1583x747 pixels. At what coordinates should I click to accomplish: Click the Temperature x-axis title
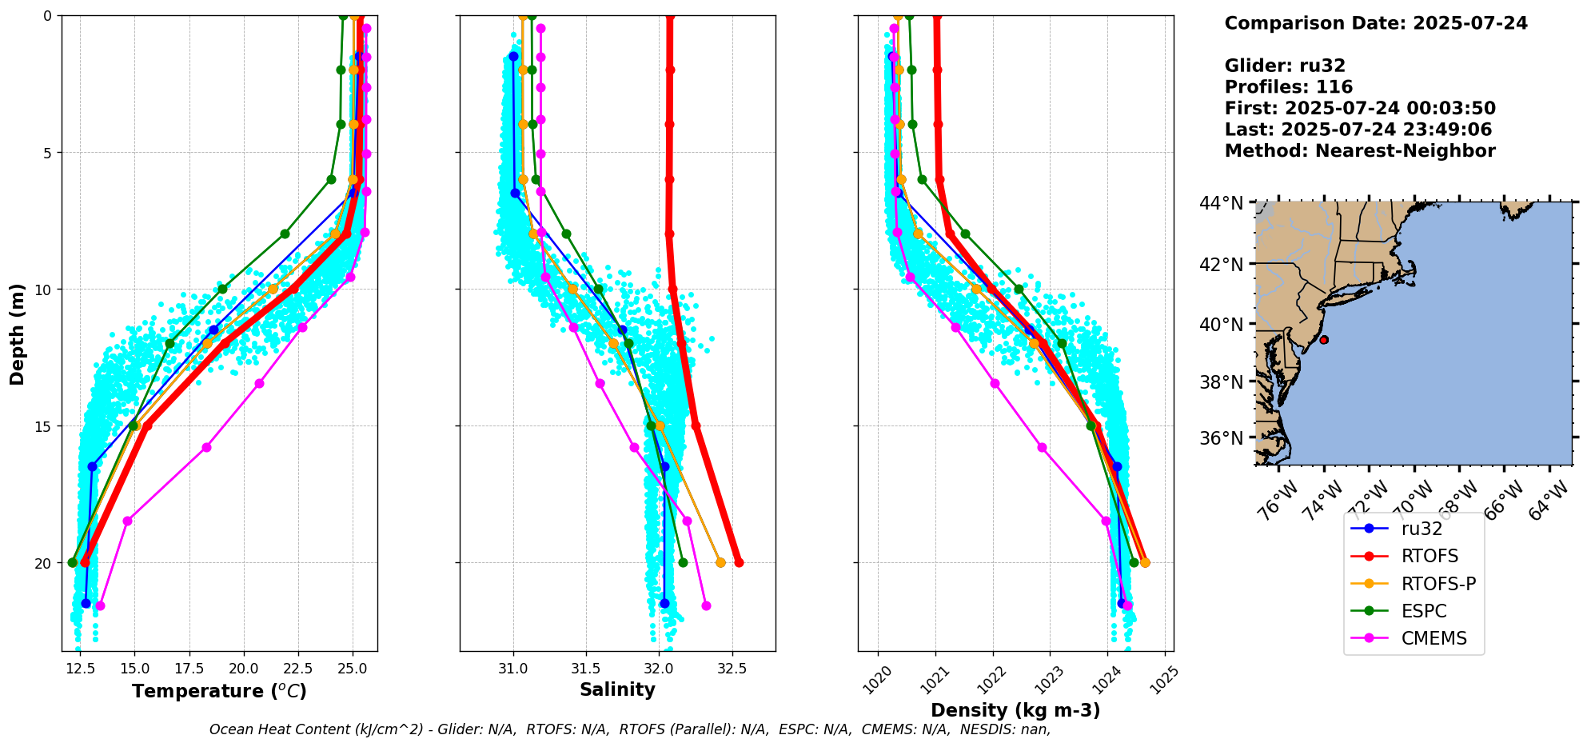click(219, 691)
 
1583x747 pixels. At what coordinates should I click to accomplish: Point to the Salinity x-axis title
click(617, 689)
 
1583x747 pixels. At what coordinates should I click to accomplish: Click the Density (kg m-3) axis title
click(1015, 710)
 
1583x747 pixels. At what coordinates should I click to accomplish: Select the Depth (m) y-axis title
click(18, 334)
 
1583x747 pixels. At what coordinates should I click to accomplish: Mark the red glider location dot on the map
click(1324, 340)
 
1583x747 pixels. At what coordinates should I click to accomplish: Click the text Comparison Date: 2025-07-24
click(1375, 23)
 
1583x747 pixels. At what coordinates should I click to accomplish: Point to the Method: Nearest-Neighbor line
click(1359, 150)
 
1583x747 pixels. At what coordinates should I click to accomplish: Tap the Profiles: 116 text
click(1288, 87)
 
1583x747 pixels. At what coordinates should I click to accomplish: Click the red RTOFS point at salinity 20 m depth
click(739, 563)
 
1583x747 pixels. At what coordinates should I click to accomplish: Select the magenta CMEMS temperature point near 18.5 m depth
click(127, 521)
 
